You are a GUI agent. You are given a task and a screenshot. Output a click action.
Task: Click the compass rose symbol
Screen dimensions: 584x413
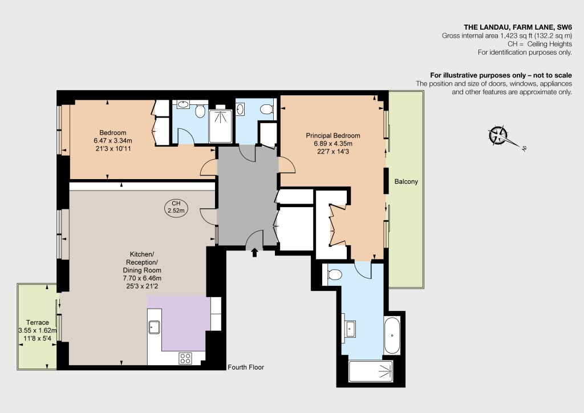point(498,135)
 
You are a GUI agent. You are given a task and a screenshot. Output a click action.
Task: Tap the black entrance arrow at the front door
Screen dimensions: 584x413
point(255,253)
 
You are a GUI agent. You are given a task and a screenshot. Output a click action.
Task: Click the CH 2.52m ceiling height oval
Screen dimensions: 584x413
point(176,207)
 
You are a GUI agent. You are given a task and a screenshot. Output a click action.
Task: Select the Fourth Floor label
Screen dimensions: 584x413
point(246,367)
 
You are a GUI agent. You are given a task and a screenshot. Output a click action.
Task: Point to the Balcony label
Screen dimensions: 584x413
point(406,181)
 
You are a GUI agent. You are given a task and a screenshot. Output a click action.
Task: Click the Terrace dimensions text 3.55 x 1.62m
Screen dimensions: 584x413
point(38,330)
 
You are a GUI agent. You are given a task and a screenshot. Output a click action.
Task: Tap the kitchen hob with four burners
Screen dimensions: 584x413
point(185,358)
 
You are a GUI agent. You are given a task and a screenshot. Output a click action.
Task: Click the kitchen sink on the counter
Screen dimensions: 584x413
point(154,327)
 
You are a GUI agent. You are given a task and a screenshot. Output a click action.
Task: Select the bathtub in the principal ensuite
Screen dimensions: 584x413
point(392,335)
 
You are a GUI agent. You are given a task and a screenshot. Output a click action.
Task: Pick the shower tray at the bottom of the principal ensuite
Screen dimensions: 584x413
point(371,371)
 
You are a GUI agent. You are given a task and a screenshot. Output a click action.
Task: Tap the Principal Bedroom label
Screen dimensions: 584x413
point(333,136)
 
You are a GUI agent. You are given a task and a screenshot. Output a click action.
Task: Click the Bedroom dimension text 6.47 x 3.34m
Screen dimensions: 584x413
point(113,141)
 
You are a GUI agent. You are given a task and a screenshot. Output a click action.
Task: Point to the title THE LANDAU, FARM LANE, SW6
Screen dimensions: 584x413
point(518,27)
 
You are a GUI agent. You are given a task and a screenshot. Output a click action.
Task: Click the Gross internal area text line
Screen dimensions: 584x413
point(507,36)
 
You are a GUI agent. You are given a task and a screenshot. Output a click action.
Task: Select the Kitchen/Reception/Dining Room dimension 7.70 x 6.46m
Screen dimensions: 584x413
point(142,278)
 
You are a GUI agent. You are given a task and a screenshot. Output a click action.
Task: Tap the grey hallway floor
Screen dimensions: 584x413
point(248,193)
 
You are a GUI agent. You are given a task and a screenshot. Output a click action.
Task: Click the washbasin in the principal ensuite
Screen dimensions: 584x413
point(350,329)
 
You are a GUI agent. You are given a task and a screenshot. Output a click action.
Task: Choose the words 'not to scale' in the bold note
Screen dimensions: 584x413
point(553,75)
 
